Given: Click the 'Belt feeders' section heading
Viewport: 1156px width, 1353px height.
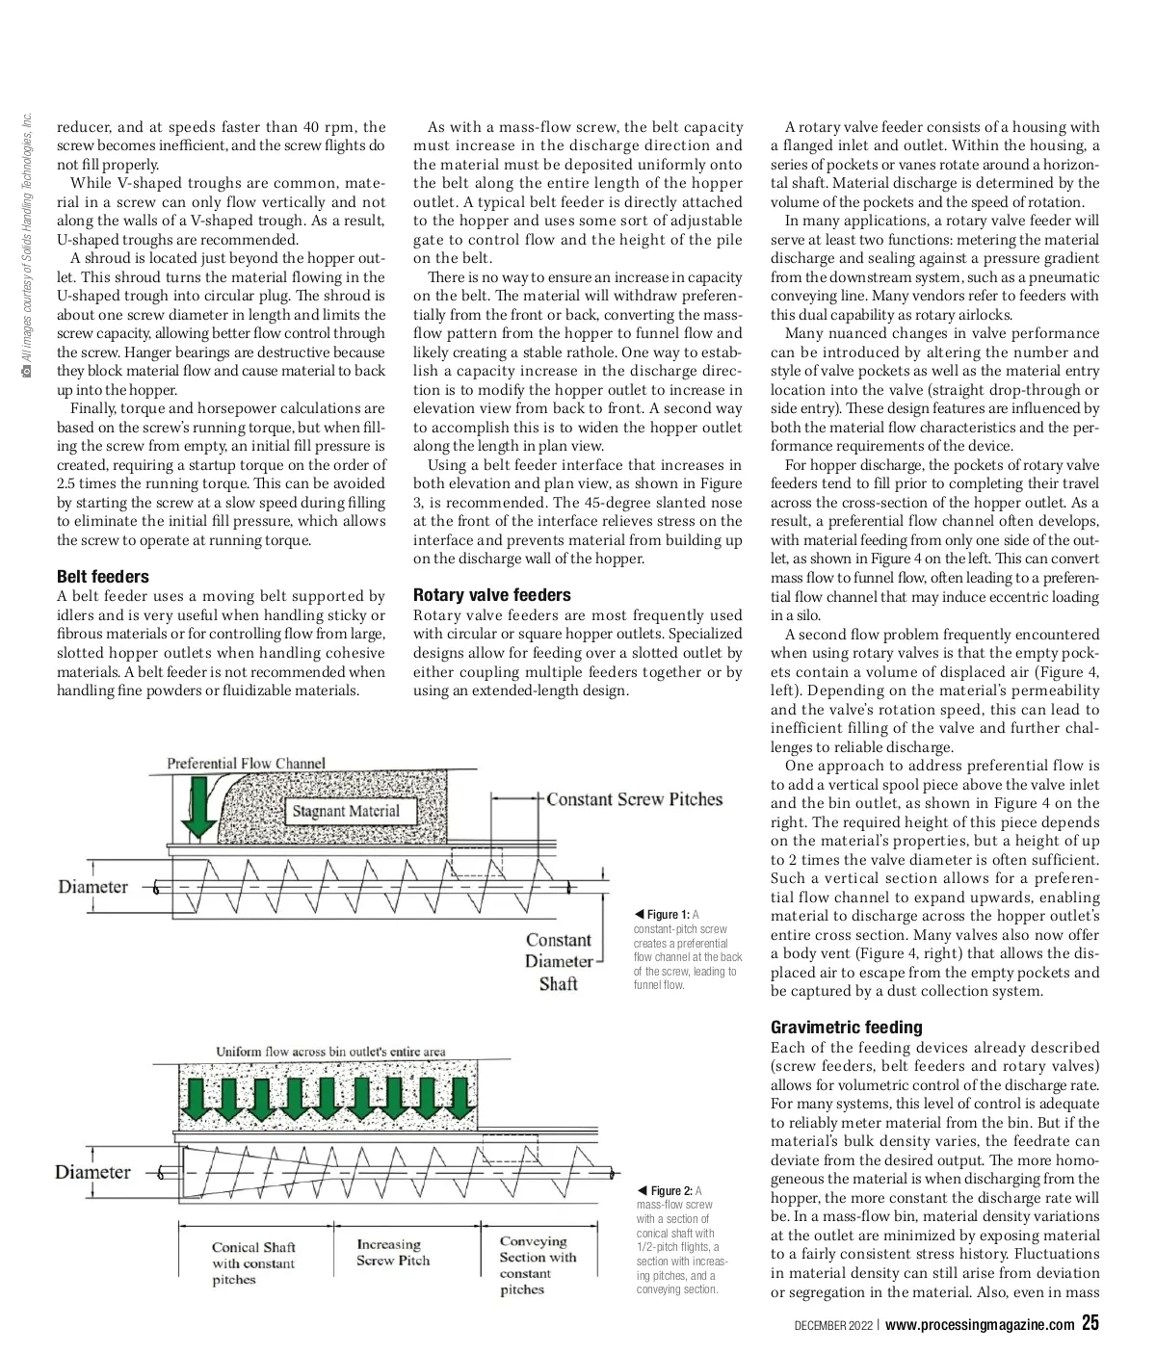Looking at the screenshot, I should tap(103, 577).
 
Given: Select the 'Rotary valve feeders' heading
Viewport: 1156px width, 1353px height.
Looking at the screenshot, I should tap(491, 595).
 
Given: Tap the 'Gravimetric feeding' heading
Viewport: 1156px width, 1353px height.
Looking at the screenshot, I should tap(846, 1028).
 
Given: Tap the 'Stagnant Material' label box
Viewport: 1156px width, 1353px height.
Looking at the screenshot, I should tap(346, 811).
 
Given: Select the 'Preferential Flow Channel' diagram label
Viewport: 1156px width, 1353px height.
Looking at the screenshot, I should tap(246, 764).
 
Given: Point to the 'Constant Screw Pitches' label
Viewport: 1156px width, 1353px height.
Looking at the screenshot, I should tap(634, 799).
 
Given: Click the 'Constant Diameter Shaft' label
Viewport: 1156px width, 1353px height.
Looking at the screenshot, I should tap(558, 961).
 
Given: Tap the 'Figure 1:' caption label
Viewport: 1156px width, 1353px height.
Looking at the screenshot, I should tap(668, 914).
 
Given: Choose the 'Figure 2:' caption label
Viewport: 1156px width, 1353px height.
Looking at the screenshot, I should tap(671, 1190).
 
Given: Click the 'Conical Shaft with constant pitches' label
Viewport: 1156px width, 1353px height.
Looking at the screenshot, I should tap(253, 1263).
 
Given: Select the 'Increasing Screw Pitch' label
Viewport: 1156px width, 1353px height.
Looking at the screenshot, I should tap(393, 1252).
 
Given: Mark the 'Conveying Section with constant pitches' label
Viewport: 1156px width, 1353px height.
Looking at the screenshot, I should tap(538, 1264).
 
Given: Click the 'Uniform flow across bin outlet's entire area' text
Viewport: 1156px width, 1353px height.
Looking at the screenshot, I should tap(330, 1052).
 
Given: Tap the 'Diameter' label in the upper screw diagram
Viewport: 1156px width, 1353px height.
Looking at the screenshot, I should tap(92, 887).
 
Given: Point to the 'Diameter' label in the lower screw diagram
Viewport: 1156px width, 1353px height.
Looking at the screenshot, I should tap(92, 1172).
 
